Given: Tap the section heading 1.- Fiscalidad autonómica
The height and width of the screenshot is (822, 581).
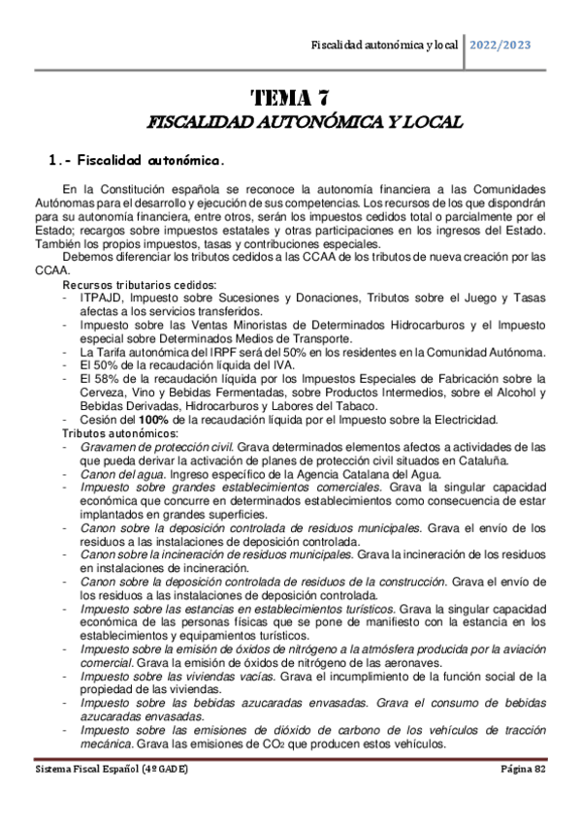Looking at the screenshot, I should (x=136, y=159).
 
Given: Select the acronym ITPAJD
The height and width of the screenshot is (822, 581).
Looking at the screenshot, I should (x=101, y=299).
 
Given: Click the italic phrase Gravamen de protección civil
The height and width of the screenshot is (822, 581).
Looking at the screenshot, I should (x=157, y=446).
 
